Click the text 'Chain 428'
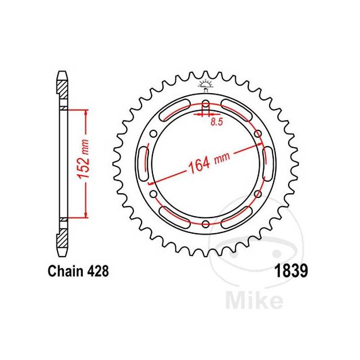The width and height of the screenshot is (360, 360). [x=78, y=272]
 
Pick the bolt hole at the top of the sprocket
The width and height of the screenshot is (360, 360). [x=206, y=102]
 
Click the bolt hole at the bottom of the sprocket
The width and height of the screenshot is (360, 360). [x=206, y=224]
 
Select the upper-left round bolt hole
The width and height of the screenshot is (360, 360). [x=153, y=133]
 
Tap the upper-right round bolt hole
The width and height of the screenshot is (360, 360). [x=258, y=133]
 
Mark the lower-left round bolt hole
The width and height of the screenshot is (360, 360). [x=153, y=193]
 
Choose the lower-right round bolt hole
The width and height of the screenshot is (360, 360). [x=258, y=193]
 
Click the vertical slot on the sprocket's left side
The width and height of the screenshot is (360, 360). [x=145, y=163]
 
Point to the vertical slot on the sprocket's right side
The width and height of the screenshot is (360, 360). [x=266, y=163]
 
